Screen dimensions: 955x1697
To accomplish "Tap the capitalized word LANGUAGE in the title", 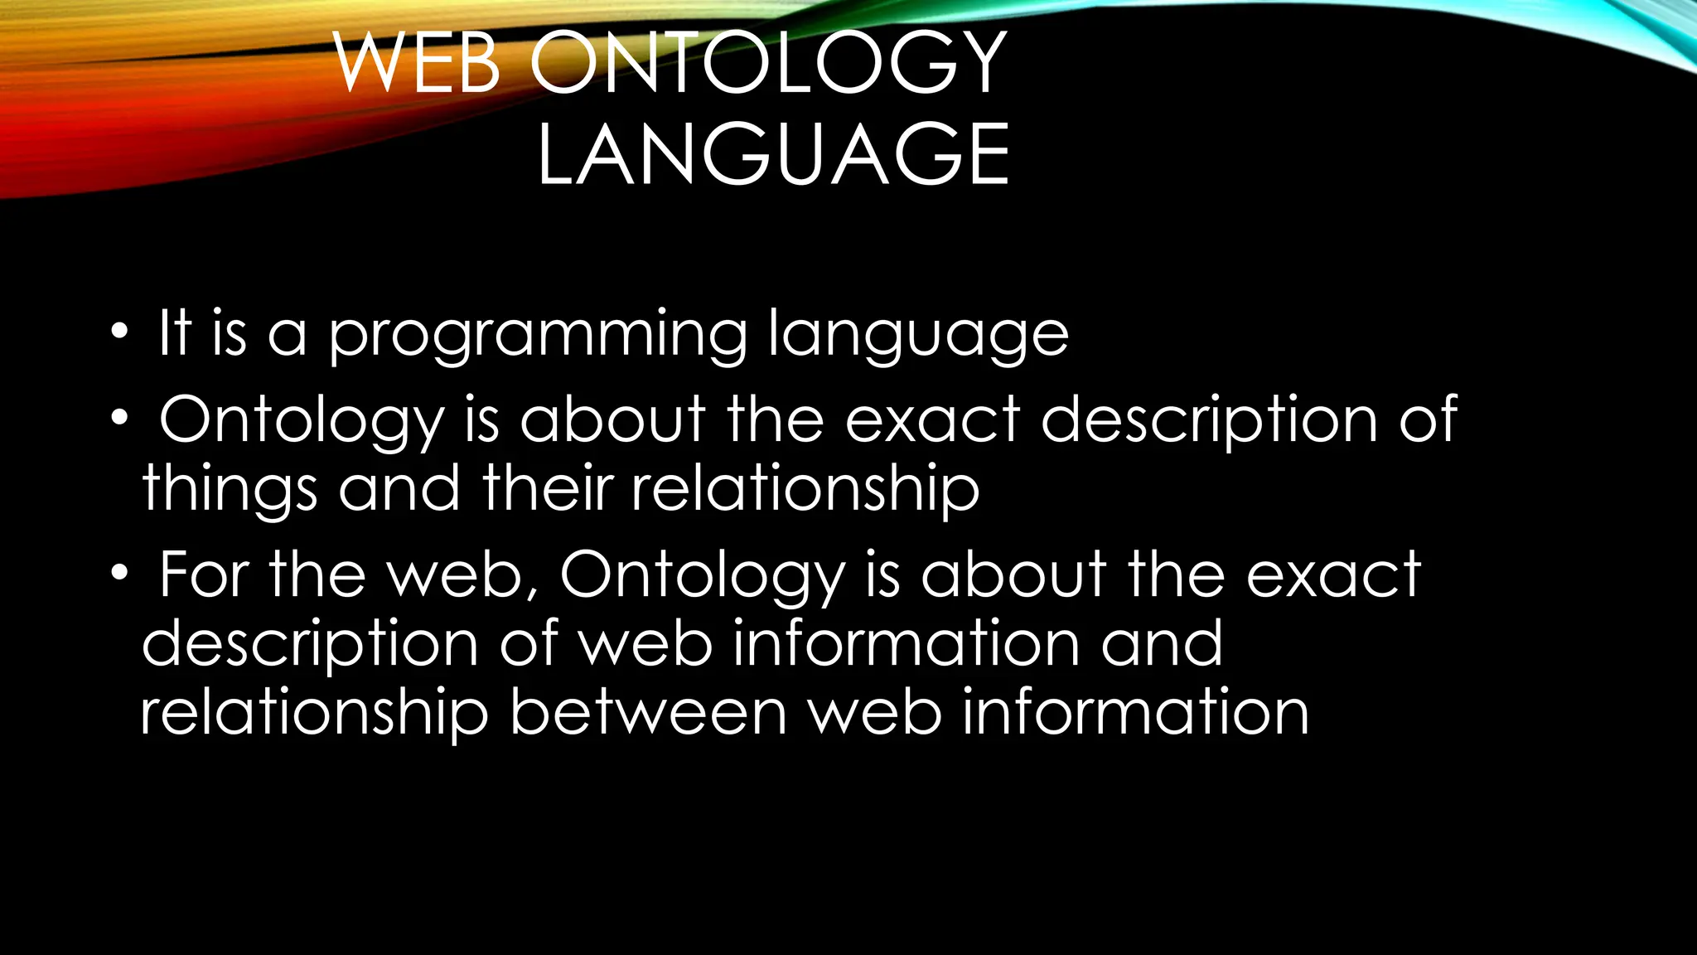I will point(773,154).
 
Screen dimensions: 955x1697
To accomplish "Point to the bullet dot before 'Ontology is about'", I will point(120,418).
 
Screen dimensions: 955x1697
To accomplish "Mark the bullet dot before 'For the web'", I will point(120,573).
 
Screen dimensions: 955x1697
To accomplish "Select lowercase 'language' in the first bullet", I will point(918,335).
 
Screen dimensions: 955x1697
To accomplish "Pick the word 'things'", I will point(230,489).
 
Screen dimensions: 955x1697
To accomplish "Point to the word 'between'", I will point(648,713).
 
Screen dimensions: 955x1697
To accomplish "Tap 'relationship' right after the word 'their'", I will point(805,489).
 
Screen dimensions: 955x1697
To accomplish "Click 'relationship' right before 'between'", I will point(315,714).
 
